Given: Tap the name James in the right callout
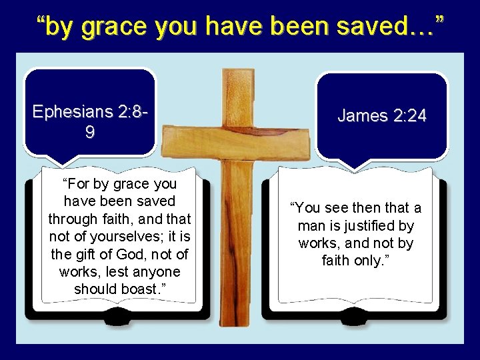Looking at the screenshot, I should point(362,116).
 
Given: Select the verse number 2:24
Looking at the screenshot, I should point(409,116).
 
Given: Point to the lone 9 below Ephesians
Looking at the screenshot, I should point(90,133).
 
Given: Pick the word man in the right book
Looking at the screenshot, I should point(311,226).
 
